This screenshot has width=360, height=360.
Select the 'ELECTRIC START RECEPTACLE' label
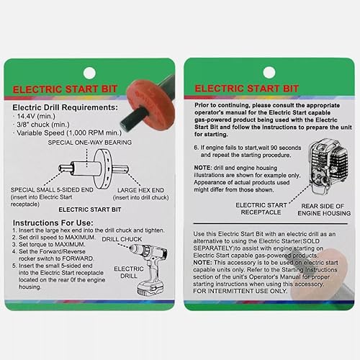[261, 209]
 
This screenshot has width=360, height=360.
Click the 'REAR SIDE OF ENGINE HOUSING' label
[318, 209]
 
